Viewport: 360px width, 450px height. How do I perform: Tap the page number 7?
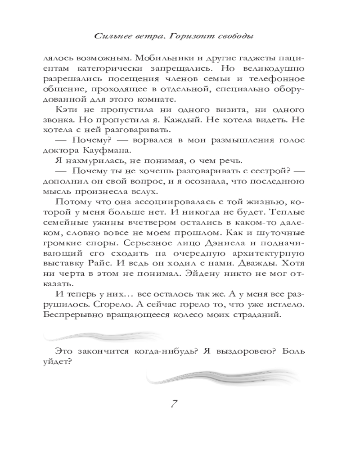(173, 403)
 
